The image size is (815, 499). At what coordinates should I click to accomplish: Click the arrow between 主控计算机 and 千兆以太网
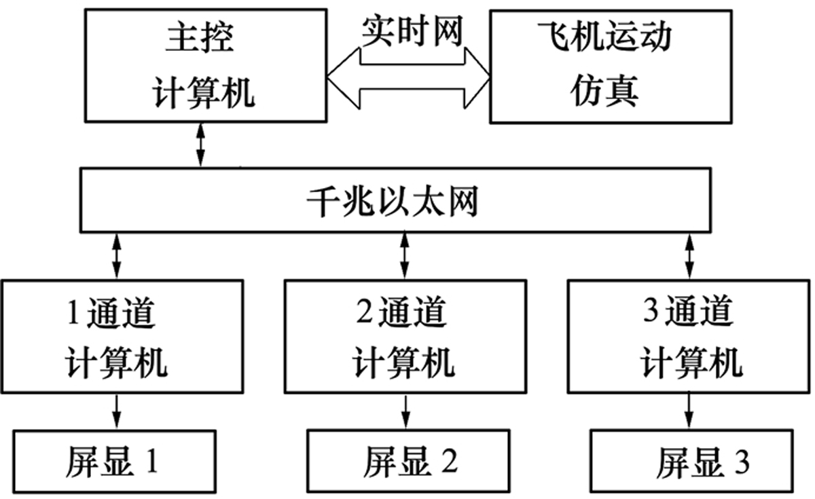pos(200,145)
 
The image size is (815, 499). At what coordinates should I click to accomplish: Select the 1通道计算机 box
pos(122,336)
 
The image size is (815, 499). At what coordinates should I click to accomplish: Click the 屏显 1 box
pos(113,462)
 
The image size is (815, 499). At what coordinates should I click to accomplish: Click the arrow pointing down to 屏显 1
pos(117,409)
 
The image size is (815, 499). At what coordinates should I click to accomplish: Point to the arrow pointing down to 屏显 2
pos(406,409)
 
